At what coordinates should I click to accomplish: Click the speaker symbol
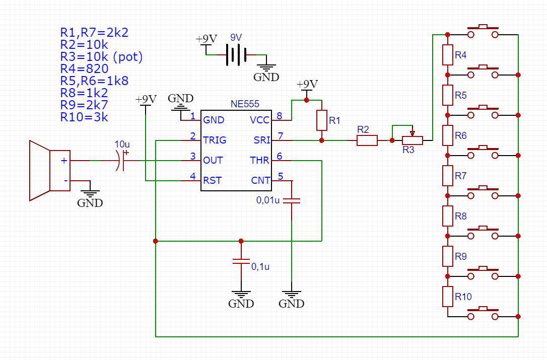(x=49, y=171)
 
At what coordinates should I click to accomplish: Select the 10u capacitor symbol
(x=121, y=161)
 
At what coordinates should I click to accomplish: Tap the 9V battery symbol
(x=236, y=54)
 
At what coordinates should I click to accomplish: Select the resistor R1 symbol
(x=322, y=120)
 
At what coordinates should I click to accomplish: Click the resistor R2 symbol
(x=367, y=140)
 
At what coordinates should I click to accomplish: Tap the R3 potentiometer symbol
(x=412, y=140)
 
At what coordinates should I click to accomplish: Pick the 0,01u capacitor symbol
(x=292, y=200)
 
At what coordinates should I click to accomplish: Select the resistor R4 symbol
(x=447, y=55)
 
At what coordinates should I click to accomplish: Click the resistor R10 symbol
(x=447, y=297)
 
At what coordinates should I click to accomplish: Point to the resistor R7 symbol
(x=447, y=175)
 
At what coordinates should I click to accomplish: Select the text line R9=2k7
(x=84, y=105)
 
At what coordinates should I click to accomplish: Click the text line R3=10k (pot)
(x=101, y=56)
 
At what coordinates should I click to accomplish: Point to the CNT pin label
(x=260, y=180)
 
